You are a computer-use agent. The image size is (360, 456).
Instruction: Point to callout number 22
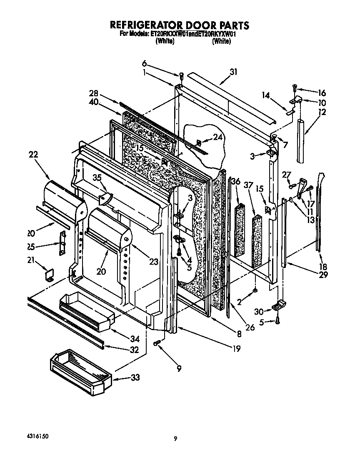[x=34, y=154]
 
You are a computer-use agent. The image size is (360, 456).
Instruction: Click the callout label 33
[x=135, y=378]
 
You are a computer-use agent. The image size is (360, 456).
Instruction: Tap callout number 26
[x=250, y=328]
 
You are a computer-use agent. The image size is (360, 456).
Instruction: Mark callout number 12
[x=322, y=112]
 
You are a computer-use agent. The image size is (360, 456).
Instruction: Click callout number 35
[x=97, y=178]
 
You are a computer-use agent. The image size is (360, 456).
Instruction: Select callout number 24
[x=217, y=138]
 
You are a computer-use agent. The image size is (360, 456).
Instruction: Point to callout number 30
[x=258, y=311]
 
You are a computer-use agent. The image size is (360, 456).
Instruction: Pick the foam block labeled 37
[x=257, y=240]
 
